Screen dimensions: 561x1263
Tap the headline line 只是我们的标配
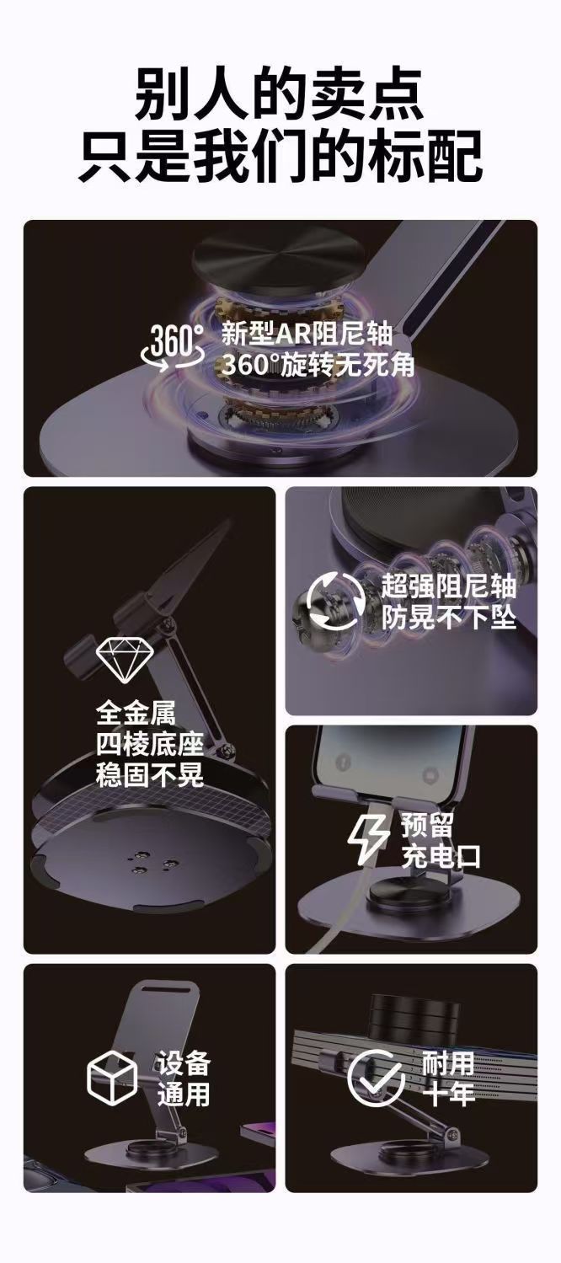point(280,156)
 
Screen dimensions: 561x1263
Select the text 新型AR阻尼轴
point(307,334)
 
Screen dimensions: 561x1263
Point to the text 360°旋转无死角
point(318,365)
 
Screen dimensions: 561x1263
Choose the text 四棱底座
point(150,744)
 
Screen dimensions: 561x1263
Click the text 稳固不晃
point(150,774)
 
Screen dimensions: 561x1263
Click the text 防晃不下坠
point(449,618)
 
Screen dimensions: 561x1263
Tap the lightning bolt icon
point(367,842)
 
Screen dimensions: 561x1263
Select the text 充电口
point(441,857)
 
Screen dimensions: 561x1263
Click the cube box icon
point(112,1077)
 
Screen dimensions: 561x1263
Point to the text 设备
point(184,1062)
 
